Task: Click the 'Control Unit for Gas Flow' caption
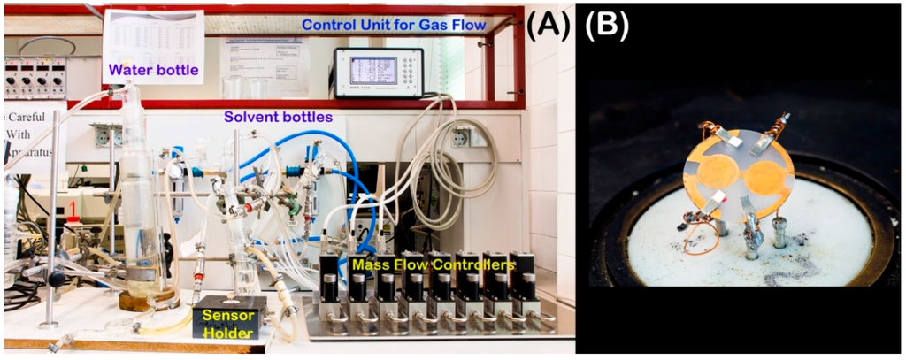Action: tap(394, 25)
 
